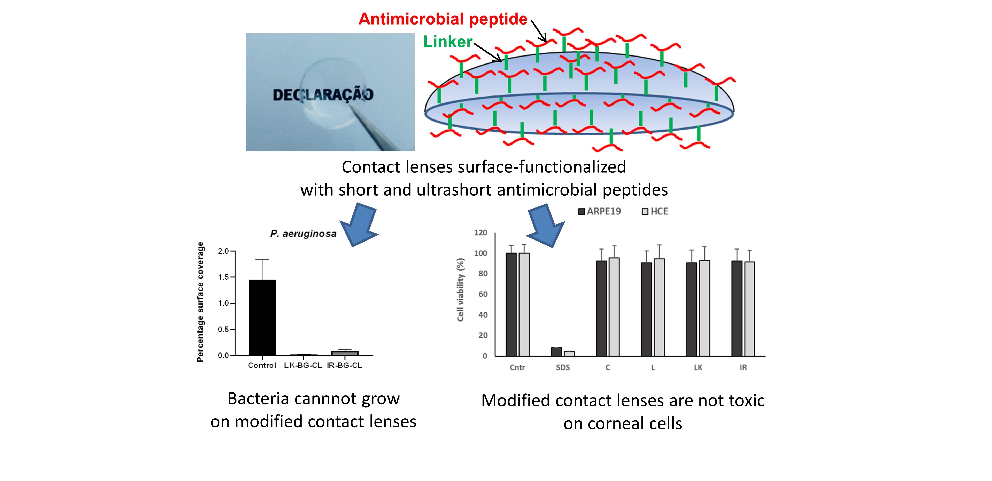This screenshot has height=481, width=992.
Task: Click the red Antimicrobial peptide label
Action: click(x=443, y=19)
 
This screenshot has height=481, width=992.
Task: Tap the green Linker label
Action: click(x=447, y=42)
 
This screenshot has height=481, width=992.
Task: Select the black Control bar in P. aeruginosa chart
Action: click(x=262, y=317)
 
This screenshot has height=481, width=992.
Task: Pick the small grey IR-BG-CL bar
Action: click(x=345, y=353)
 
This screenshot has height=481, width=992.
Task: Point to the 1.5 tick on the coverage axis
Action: click(x=223, y=277)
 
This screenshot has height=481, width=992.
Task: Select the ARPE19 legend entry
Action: click(x=600, y=211)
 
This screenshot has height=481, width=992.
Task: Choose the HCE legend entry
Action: click(x=655, y=211)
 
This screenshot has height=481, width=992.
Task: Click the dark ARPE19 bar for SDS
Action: click(x=556, y=351)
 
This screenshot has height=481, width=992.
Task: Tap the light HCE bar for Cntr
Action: click(x=524, y=304)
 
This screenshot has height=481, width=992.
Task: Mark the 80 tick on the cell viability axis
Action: click(x=483, y=274)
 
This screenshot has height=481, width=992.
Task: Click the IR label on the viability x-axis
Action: click(x=743, y=367)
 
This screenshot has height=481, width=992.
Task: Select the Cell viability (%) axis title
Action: click(x=461, y=289)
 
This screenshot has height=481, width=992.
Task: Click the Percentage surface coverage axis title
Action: click(x=200, y=302)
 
